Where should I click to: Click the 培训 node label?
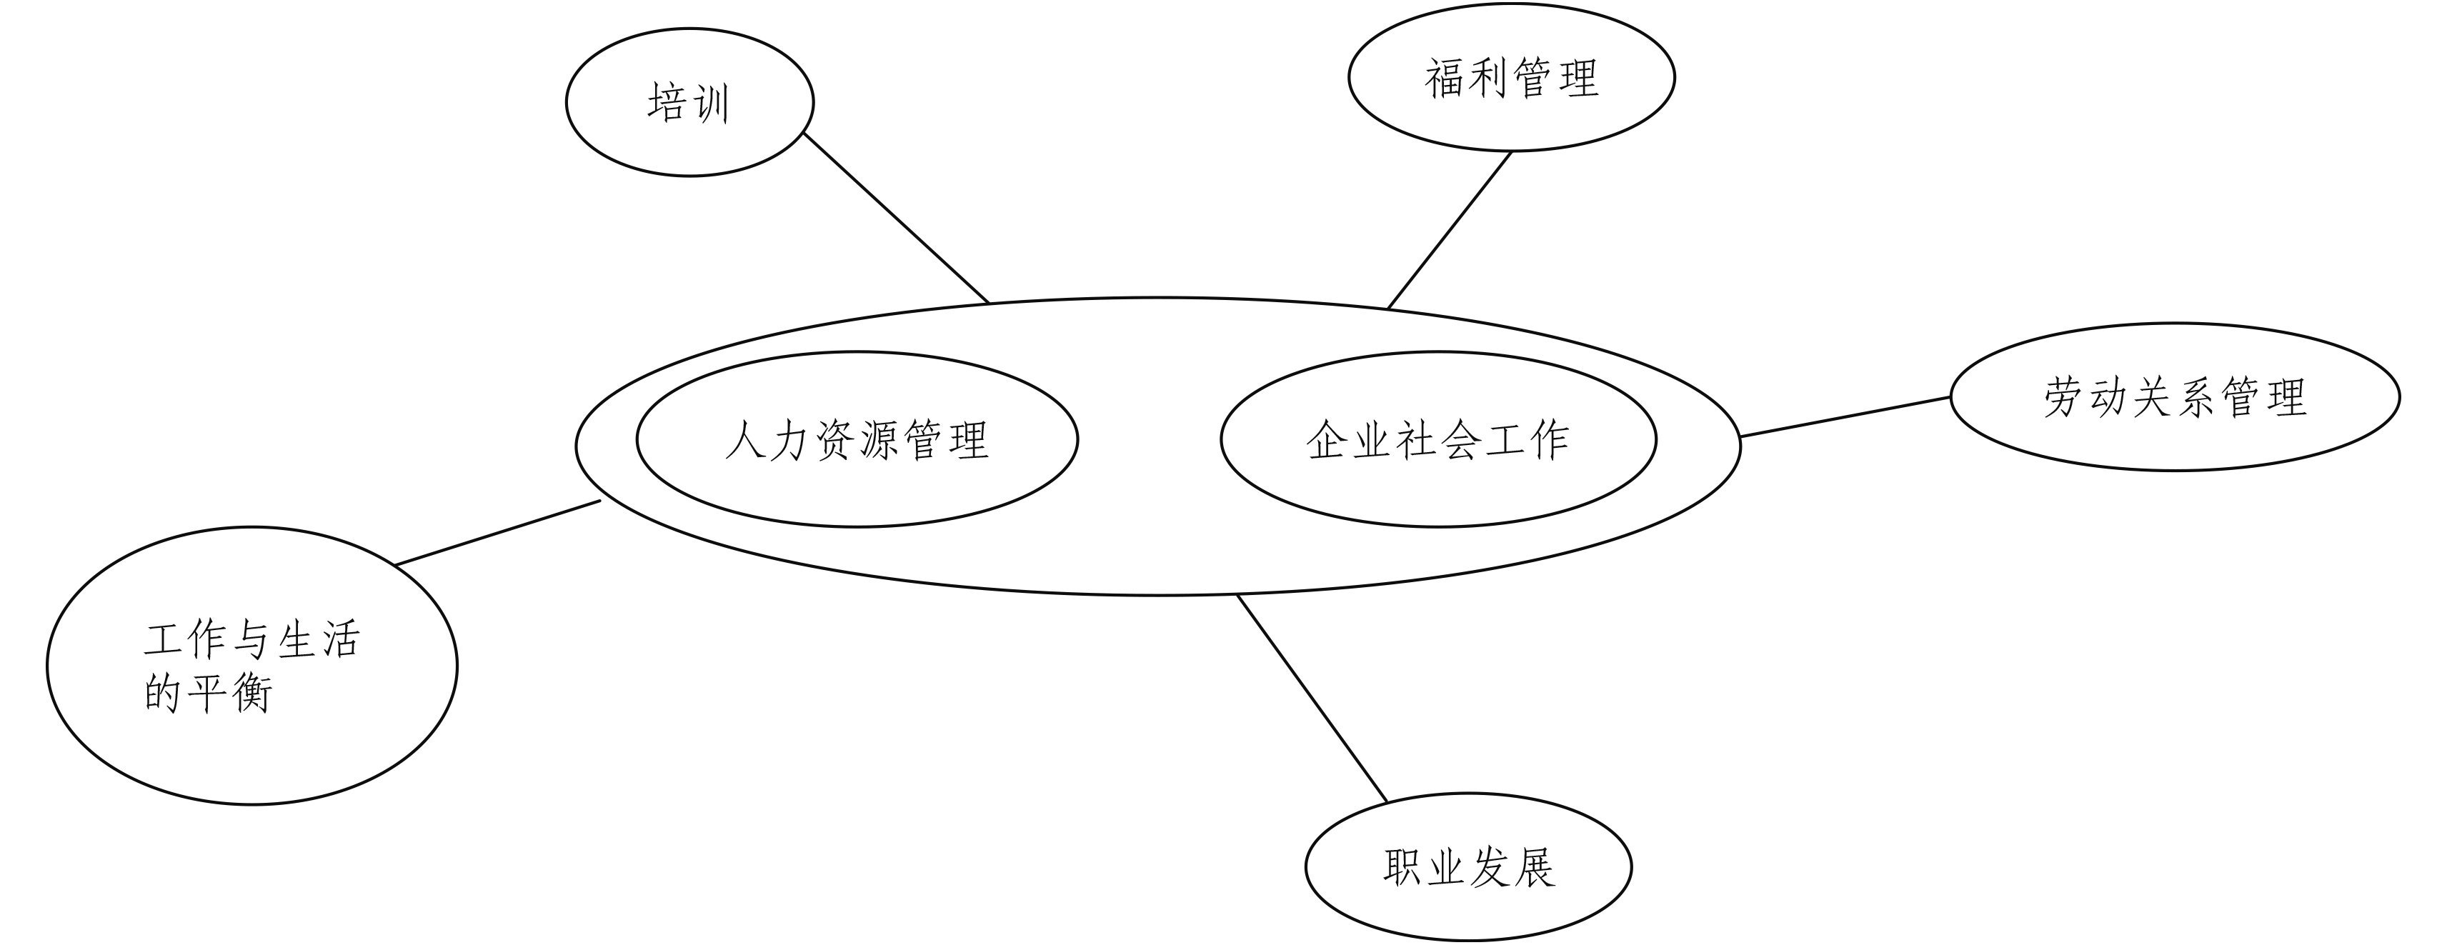point(689,103)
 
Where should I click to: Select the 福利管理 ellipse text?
point(1510,78)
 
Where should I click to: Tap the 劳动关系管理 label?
point(2174,397)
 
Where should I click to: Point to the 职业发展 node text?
point(1469,867)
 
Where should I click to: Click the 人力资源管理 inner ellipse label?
point(857,440)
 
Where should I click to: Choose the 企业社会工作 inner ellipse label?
point(1437,440)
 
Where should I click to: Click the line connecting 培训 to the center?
point(896,217)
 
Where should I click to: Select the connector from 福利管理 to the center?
point(1449,231)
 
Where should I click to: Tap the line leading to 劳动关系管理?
point(1845,417)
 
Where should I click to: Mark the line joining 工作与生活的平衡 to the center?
point(498,533)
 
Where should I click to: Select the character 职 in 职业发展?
point(1404,867)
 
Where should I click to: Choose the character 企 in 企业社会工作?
point(1327,440)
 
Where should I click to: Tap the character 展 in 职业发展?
point(1534,867)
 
